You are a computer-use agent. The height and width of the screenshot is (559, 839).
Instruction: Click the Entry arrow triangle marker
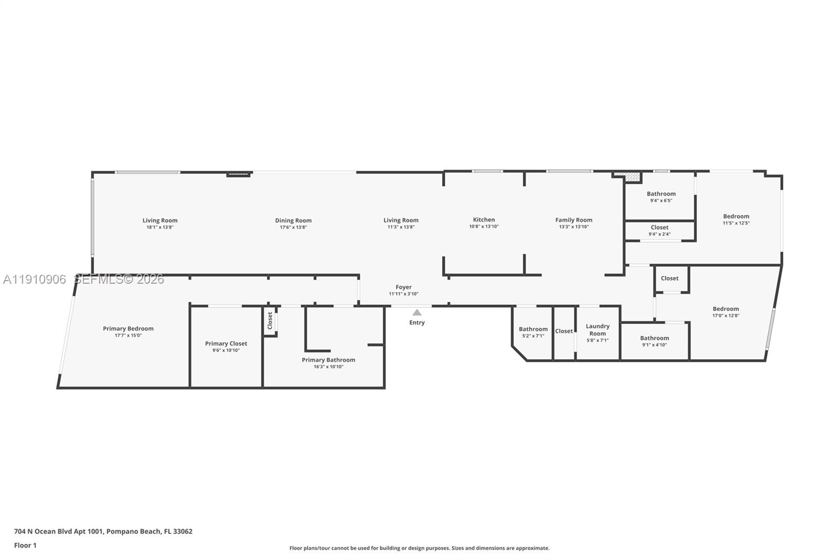tap(417, 313)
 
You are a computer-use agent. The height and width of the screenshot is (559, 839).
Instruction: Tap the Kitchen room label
tap(483, 220)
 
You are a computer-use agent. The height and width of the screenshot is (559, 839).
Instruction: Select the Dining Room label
tap(293, 220)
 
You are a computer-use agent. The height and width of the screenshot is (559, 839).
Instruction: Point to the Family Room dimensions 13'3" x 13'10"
tap(574, 227)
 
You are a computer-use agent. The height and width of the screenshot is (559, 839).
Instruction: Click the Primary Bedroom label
tap(128, 329)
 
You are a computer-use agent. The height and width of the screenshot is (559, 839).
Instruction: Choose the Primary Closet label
tap(226, 343)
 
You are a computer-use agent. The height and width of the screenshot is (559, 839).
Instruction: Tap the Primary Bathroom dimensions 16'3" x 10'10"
tap(328, 367)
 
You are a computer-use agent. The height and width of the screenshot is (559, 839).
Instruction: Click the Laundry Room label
tap(597, 329)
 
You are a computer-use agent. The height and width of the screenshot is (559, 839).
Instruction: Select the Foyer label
tap(403, 287)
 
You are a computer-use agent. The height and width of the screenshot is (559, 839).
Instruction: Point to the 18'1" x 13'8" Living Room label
tap(160, 220)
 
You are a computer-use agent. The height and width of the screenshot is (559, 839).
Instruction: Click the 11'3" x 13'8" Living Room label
tap(401, 220)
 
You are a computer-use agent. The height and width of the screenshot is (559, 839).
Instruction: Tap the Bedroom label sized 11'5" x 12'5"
tap(736, 216)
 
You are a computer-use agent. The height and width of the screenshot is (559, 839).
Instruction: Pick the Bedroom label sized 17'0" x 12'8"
tap(725, 309)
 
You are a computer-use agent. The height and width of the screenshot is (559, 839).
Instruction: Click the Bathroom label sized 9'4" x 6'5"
tap(661, 193)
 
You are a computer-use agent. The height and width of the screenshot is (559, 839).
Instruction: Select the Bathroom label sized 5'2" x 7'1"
tap(533, 329)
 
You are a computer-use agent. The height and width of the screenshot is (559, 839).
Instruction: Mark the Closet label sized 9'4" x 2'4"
tap(659, 227)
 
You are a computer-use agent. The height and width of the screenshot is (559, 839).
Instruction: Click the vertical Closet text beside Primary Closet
tap(270, 320)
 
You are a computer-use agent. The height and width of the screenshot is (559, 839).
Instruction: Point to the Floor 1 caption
tap(25, 545)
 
